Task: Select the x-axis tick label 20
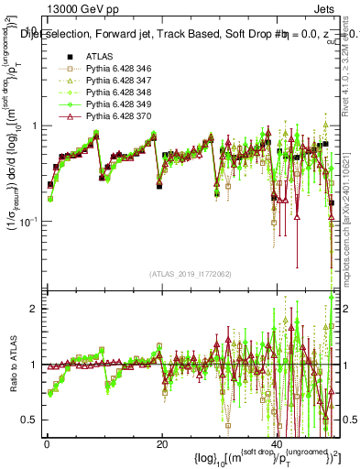[x=161, y=443]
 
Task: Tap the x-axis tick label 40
[x=277, y=443]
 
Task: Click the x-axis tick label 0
[x=47, y=443]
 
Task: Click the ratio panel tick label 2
[x=35, y=309]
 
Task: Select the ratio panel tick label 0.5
[x=31, y=420]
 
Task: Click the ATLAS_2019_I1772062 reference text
[x=191, y=274]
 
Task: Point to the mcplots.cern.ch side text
[x=352, y=247]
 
